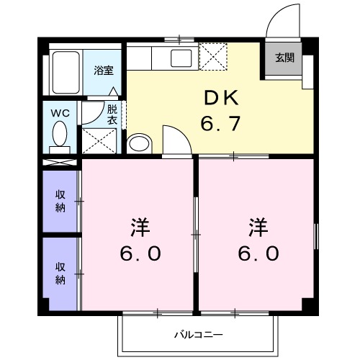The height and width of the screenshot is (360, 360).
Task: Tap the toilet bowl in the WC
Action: [60, 134]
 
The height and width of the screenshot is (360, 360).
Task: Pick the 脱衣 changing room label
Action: [112, 115]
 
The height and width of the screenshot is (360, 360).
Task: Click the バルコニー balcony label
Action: [198, 335]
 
